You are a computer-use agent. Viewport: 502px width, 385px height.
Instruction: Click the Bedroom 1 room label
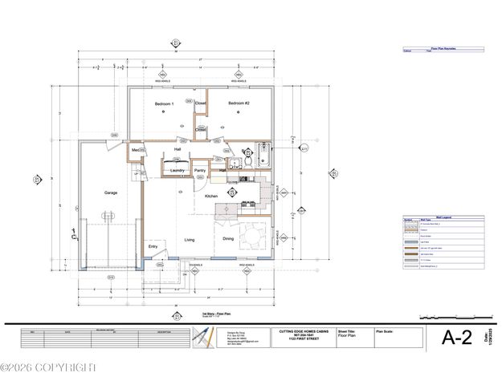click(165, 104)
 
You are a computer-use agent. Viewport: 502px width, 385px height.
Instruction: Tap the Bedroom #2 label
click(239, 103)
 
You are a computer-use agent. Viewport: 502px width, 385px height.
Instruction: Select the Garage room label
click(111, 193)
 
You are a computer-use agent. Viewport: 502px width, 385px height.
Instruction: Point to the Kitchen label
click(212, 196)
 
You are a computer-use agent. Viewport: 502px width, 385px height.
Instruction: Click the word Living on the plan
click(190, 239)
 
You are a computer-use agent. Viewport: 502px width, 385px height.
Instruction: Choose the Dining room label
click(229, 239)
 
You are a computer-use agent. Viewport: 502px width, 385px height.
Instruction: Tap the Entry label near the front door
click(153, 246)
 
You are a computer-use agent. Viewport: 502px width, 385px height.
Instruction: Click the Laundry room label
click(178, 170)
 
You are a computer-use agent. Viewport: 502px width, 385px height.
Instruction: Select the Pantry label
click(201, 170)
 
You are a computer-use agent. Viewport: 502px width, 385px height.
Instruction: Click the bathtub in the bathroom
click(265, 153)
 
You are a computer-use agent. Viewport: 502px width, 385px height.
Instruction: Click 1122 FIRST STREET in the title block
click(297, 338)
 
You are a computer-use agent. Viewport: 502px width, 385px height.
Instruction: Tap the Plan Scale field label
click(386, 330)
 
